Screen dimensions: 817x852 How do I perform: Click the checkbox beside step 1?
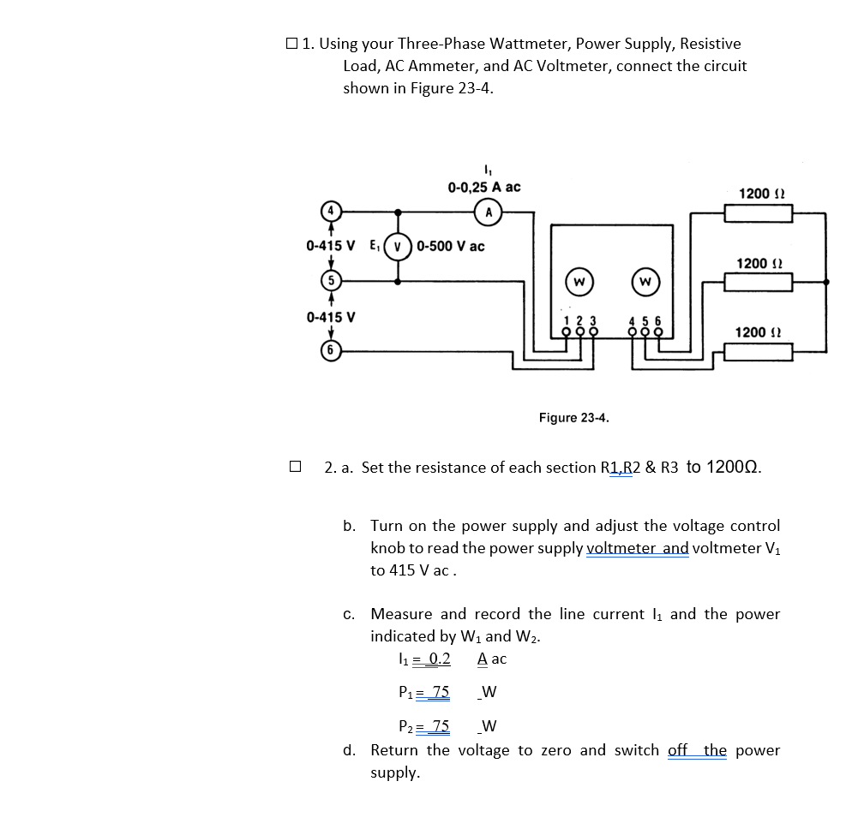(293, 43)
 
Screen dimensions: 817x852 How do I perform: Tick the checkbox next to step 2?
(295, 468)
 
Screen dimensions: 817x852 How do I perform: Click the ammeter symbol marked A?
(488, 211)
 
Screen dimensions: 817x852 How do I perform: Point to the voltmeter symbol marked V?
(397, 246)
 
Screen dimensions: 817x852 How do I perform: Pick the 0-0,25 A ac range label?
(483, 187)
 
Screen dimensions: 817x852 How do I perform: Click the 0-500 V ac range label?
(452, 247)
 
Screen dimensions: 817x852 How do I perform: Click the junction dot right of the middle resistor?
(826, 281)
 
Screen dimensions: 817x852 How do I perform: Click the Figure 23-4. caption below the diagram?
(573, 418)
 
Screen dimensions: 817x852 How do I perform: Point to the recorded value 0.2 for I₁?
(439, 659)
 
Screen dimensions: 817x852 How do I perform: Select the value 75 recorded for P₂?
(440, 727)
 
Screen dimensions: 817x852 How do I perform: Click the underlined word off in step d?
(677, 750)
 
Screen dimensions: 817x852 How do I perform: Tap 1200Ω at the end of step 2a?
(723, 468)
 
